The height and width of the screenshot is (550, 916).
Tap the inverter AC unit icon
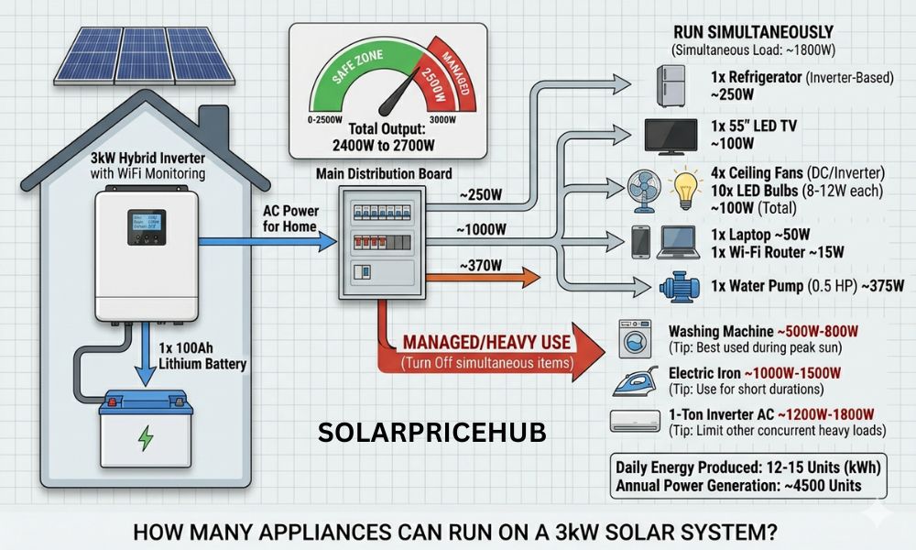pos(634,421)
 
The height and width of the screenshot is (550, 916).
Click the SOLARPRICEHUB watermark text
pos(432,433)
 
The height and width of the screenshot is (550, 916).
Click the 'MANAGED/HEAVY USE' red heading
pos(486,343)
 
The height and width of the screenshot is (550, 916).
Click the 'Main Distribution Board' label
pos(383,172)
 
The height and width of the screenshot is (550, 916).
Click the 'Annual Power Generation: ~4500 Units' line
pos(738,485)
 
